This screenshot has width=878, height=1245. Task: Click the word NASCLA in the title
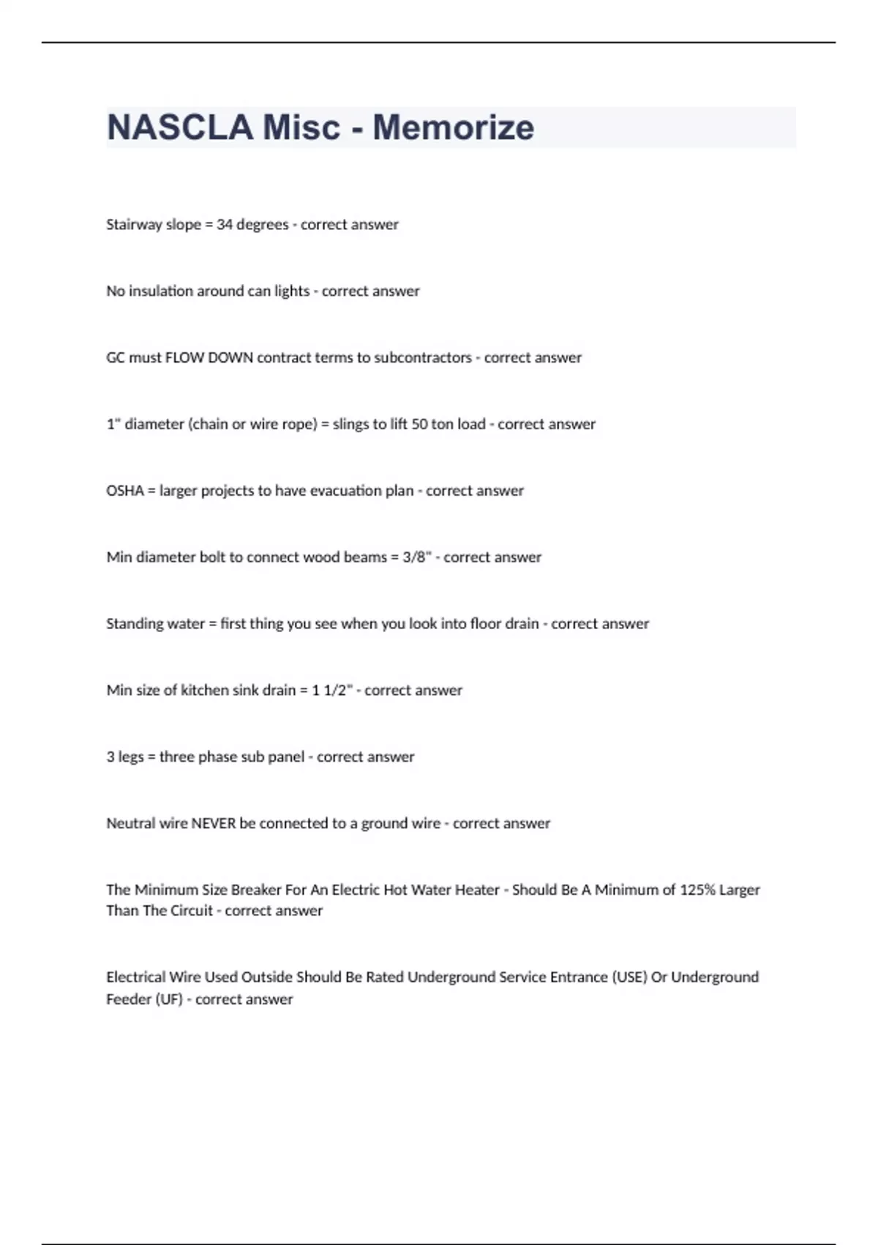pyautogui.click(x=180, y=127)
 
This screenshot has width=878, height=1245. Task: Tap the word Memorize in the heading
pyautogui.click(x=453, y=127)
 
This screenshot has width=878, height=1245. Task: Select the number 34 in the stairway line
pyautogui.click(x=225, y=224)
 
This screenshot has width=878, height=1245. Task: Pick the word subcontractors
pyautogui.click(x=423, y=357)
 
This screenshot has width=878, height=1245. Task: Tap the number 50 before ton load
pyautogui.click(x=419, y=424)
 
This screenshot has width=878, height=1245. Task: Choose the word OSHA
pyautogui.click(x=125, y=491)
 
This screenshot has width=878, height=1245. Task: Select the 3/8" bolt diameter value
pyautogui.click(x=416, y=557)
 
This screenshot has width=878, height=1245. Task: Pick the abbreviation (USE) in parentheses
pyautogui.click(x=629, y=977)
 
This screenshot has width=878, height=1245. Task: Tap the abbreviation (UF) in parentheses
pyautogui.click(x=169, y=999)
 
